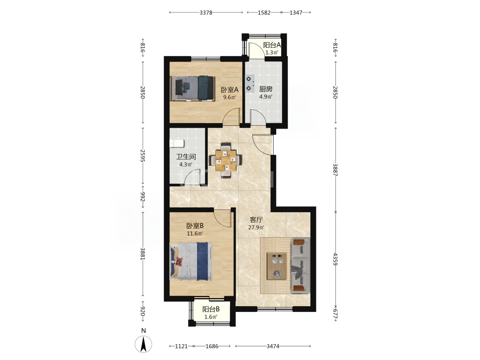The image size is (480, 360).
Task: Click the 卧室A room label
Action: point(229,90)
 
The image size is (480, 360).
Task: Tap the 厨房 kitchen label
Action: point(266,89)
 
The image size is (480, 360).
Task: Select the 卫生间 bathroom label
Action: point(186,157)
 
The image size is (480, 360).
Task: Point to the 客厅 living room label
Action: point(256,219)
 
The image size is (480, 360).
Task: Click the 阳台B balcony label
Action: point(211,309)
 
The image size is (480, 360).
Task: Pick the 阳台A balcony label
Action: point(272,45)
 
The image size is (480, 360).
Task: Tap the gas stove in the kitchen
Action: point(250,84)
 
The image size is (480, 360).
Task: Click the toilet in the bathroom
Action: point(177,144)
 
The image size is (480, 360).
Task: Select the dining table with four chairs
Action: point(226,160)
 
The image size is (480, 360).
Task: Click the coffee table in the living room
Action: point(277,266)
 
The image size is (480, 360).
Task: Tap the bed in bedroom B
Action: point(191,261)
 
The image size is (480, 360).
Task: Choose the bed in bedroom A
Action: point(192,88)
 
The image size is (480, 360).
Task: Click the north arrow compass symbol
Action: point(143,344)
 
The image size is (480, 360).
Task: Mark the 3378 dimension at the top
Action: point(206,13)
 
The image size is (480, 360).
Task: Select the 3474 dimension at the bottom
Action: point(273,346)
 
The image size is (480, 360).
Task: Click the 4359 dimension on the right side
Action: point(335,259)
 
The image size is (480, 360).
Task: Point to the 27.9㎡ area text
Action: point(256,227)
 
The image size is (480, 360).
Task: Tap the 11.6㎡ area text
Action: point(195,233)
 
